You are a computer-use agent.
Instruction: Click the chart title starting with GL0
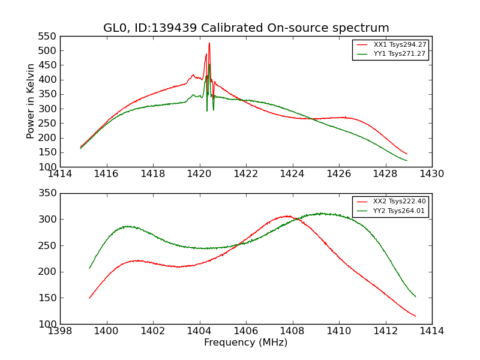(x=246, y=28)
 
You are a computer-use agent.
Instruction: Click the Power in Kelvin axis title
(x=31, y=101)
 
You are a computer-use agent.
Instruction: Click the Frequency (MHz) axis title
(x=246, y=343)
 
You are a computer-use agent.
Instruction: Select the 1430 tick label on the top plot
(x=432, y=174)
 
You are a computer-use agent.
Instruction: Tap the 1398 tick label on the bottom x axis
(x=60, y=331)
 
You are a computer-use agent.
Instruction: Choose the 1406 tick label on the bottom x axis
(x=246, y=331)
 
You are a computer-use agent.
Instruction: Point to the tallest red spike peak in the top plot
(x=209, y=43)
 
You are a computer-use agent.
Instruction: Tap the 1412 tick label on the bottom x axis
(x=385, y=331)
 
